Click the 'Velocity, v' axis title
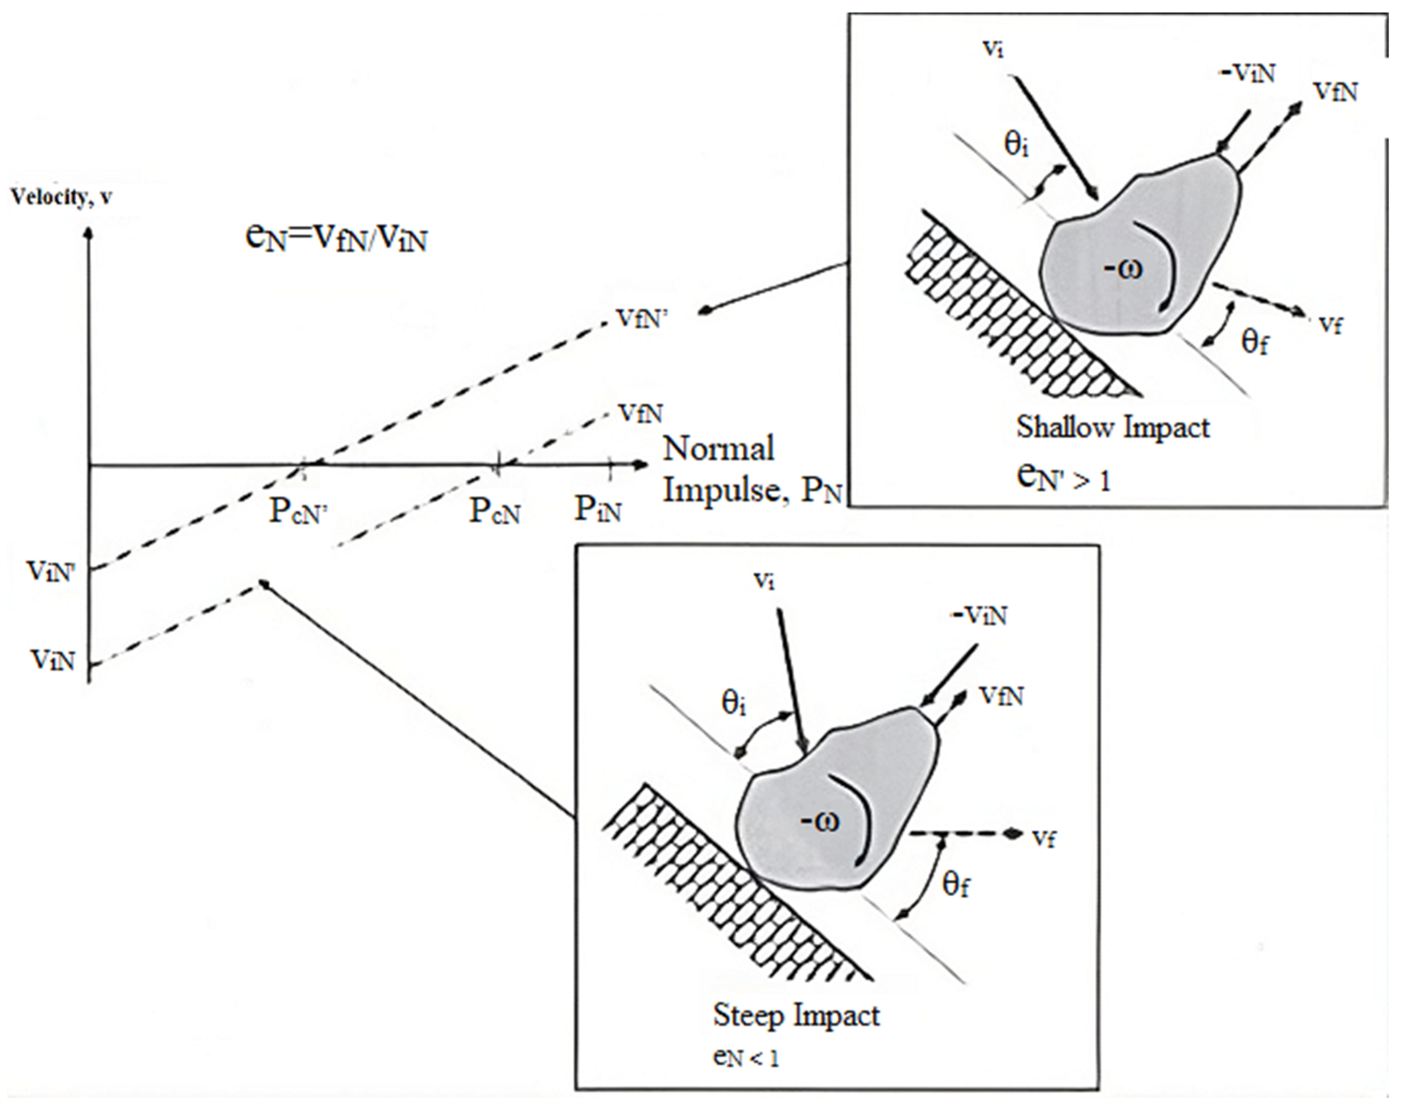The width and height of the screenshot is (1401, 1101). click(x=61, y=197)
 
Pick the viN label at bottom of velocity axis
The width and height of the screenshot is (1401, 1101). click(x=53, y=660)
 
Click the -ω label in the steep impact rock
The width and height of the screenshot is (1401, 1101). click(x=819, y=822)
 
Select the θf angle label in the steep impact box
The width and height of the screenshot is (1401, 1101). click(x=956, y=886)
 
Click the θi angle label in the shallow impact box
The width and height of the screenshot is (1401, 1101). click(x=1016, y=145)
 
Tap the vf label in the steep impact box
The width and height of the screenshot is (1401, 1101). click(x=1043, y=838)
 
